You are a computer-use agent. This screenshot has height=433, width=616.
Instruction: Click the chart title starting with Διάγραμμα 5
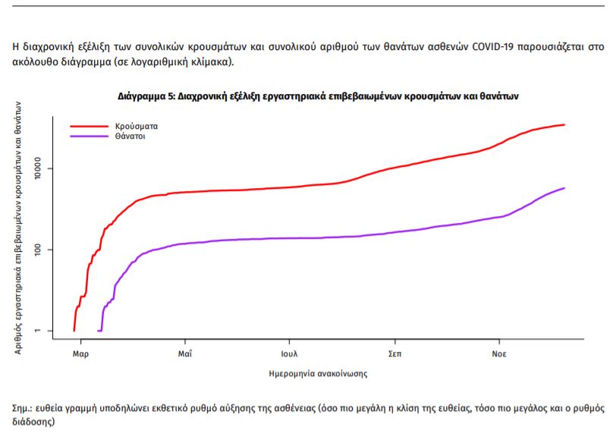[318, 97]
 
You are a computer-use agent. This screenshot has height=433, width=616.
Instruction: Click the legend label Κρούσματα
[137, 126]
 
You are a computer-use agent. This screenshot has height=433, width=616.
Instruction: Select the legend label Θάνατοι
[130, 136]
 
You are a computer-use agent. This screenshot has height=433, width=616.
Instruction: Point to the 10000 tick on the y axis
[42, 168]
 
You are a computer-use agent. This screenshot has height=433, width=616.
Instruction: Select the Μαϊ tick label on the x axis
[184, 353]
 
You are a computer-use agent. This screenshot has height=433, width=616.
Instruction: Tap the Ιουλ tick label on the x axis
[288, 353]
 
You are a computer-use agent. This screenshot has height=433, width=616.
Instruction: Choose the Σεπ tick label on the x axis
[394, 353]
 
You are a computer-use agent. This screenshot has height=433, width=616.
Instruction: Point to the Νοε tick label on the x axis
[498, 353]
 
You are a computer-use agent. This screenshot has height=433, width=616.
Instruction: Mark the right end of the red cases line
[564, 124]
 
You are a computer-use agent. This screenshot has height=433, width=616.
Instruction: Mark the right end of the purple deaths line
[564, 188]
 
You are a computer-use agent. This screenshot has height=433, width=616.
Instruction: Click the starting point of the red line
[74, 330]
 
